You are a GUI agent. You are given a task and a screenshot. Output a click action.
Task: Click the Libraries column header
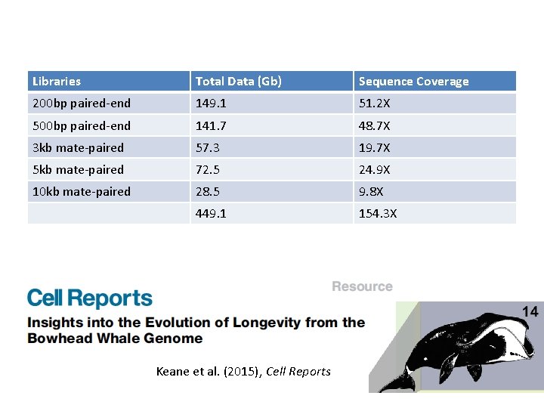click(x=57, y=82)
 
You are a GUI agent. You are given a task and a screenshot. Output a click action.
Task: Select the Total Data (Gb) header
click(x=238, y=82)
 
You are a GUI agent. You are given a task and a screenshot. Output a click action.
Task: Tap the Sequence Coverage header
click(x=413, y=82)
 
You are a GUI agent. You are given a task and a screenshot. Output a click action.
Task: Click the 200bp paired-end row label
click(x=82, y=104)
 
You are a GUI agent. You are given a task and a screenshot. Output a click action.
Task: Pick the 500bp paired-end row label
click(x=82, y=125)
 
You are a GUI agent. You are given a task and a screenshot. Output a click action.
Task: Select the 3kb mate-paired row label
click(x=78, y=147)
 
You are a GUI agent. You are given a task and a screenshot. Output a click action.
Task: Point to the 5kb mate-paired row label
click(x=78, y=169)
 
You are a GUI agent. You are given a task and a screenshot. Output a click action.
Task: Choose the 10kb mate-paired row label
click(x=81, y=191)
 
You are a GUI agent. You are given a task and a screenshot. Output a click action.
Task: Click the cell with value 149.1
click(x=211, y=104)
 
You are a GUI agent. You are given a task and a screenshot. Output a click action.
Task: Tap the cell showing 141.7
click(x=211, y=125)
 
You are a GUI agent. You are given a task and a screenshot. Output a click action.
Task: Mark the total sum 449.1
click(x=211, y=214)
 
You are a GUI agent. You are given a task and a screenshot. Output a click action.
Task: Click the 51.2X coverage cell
click(x=374, y=104)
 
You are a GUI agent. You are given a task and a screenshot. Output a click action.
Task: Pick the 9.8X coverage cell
click(x=371, y=191)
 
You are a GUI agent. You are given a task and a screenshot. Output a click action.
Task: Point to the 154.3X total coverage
click(x=377, y=214)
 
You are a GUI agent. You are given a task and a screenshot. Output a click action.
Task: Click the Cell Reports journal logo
click(x=90, y=298)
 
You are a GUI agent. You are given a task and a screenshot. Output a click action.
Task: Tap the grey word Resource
click(x=362, y=286)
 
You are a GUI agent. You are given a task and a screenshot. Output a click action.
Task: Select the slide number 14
click(x=530, y=311)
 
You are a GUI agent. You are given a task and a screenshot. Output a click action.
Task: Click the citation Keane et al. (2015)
click(x=243, y=371)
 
